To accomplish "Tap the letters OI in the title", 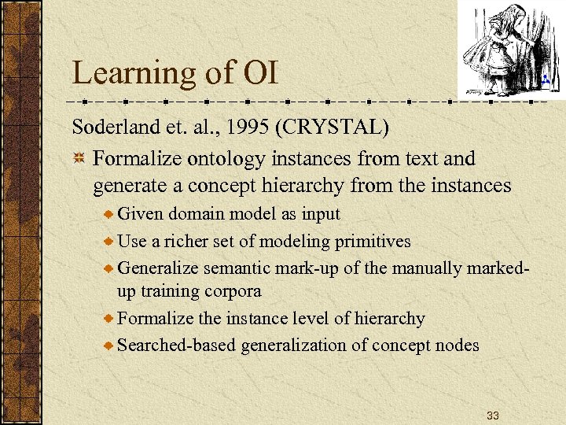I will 261,74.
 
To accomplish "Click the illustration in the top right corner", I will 503,49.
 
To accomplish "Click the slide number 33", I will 493,415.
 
